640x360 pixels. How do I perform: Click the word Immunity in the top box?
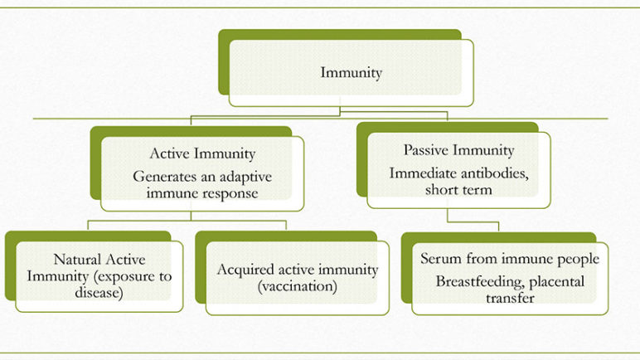tap(351, 73)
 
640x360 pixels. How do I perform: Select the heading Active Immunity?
tap(202, 153)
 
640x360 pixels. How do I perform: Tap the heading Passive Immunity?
tap(458, 150)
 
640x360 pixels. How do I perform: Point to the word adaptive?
tap(243, 177)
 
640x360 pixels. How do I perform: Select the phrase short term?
tap(458, 190)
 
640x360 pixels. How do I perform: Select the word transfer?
tap(510, 298)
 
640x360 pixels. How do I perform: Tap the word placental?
tap(557, 282)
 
